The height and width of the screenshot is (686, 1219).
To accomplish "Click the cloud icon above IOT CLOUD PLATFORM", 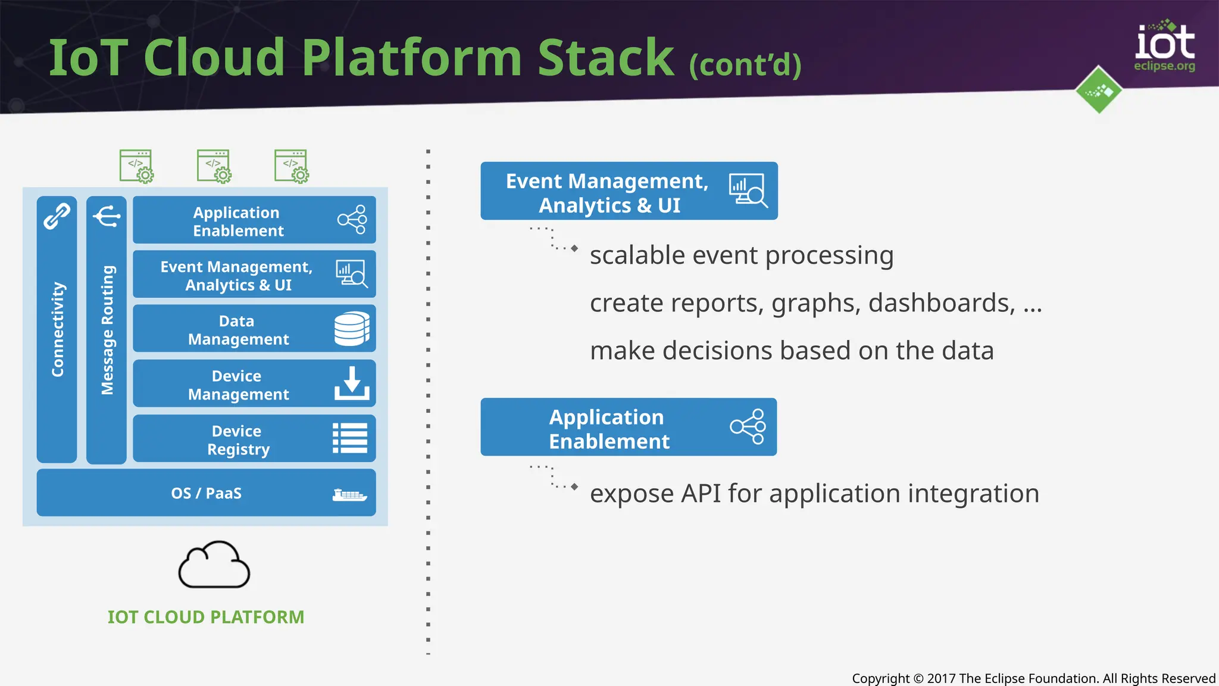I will click(214, 566).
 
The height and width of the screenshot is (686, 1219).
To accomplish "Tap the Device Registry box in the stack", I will click(254, 439).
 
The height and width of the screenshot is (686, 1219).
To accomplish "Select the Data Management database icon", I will click(351, 329).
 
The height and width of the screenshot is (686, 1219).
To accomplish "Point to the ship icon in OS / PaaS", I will click(349, 495).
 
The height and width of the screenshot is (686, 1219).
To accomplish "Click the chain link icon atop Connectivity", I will click(57, 216).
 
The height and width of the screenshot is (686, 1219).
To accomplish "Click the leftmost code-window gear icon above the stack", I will click(137, 166).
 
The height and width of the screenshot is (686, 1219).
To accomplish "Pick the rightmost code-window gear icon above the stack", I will click(292, 166).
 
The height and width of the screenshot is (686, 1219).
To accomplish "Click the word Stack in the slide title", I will click(606, 58).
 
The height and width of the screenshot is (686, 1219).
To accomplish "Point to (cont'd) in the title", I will click(745, 64).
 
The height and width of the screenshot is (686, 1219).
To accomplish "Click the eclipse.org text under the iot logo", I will click(1164, 66).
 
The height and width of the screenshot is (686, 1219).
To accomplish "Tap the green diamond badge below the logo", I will click(1099, 91).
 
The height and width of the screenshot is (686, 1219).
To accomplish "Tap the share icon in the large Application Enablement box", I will click(748, 426).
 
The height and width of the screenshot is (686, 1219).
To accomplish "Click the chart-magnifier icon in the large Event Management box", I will click(748, 191).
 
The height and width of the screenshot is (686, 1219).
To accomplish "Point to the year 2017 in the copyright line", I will click(941, 678).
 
